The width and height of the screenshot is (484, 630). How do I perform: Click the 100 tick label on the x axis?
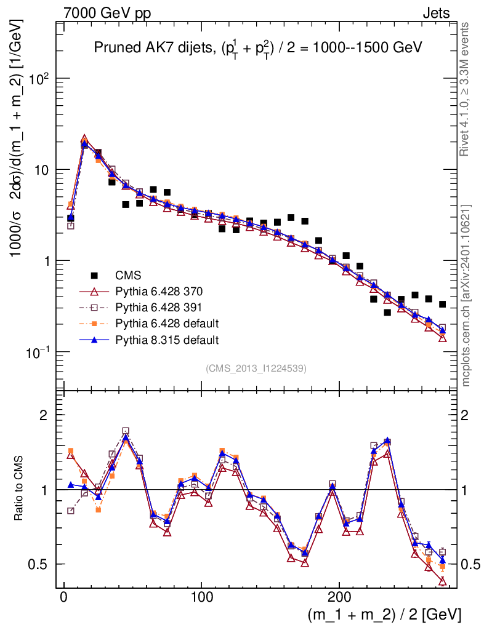point(201,597)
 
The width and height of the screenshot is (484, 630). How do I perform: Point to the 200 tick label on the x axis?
point(339,597)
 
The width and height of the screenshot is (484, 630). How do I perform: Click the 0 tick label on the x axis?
point(63,597)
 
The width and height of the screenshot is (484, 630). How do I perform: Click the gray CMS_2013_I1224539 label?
point(256,369)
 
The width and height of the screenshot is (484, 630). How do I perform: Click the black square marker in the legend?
point(94,275)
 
